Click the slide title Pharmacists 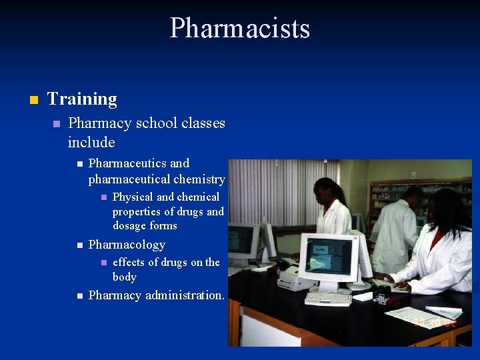coord(240,29)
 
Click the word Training coord(82,99)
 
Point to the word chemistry coord(200,179)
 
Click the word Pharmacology coord(127,245)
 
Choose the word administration coord(185,295)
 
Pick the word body coord(125,277)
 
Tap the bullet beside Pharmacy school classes coord(57,125)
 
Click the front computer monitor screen coord(328,257)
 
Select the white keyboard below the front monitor coord(328,298)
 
